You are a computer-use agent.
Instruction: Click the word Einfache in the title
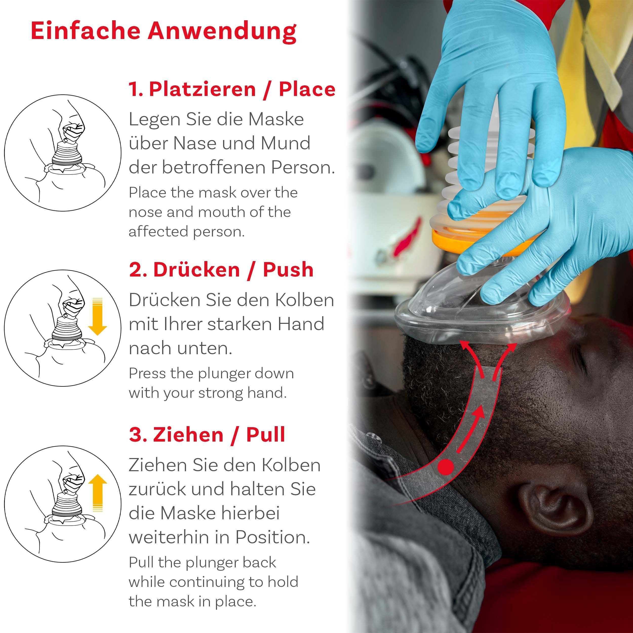coord(85,31)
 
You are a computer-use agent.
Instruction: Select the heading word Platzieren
coord(202,89)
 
